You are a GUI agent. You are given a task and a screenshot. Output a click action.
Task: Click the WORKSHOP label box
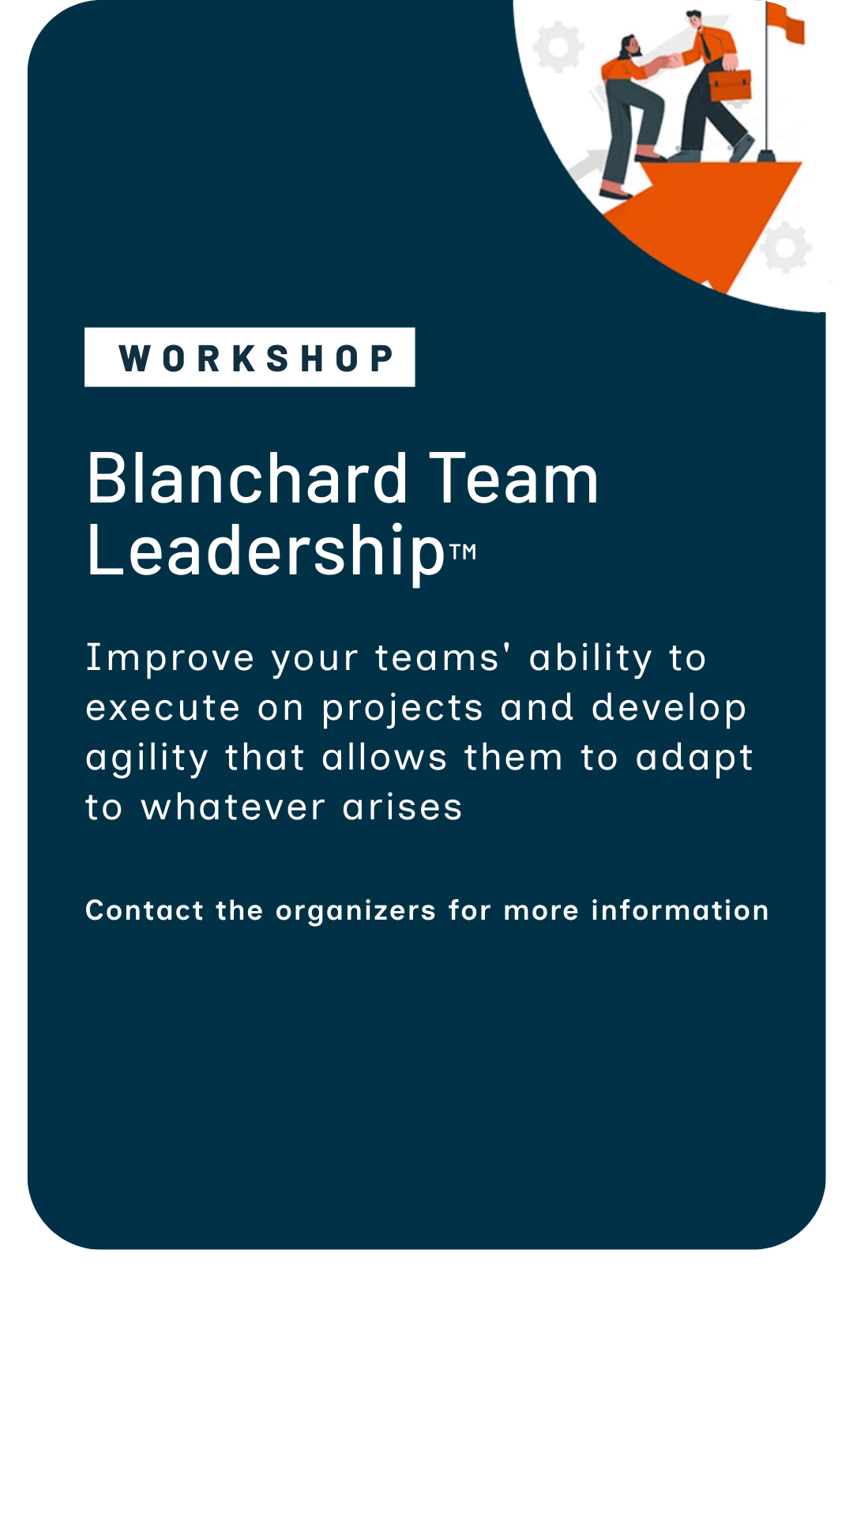tap(250, 357)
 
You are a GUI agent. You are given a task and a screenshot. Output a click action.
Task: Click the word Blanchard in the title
tap(246, 479)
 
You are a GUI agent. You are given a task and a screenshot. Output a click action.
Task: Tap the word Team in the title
tap(513, 479)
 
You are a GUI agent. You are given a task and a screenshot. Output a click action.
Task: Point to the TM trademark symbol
tap(464, 551)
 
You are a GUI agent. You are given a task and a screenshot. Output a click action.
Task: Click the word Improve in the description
tap(170, 658)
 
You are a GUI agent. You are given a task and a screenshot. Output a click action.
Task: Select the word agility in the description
tap(147, 758)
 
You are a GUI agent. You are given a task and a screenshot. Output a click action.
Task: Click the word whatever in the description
tap(233, 807)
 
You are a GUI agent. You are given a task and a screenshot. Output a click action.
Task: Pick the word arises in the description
tap(402, 807)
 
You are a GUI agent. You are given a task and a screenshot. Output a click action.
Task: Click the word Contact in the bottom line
tap(145, 910)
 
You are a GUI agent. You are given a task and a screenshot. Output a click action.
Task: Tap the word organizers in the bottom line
tap(355, 911)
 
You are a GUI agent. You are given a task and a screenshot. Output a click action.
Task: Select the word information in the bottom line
tap(680, 910)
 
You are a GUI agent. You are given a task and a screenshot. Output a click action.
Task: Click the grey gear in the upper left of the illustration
tap(558, 47)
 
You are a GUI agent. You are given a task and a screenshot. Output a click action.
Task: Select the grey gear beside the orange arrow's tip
tap(786, 247)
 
